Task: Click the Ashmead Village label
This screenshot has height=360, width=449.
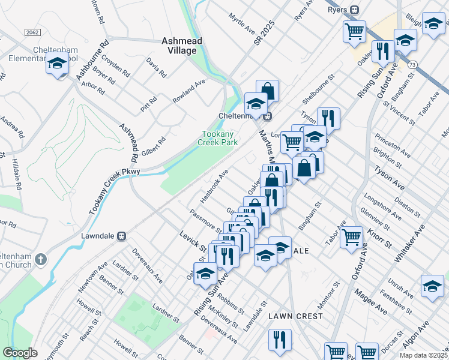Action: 179,46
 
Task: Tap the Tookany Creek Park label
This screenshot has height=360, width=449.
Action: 218,138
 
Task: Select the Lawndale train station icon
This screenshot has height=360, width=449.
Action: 122,236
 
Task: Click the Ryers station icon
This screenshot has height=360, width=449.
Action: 355,10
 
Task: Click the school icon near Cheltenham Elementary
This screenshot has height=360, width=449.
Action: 57,64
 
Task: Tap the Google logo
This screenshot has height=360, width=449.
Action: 20,353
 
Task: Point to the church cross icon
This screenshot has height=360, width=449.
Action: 40,260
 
